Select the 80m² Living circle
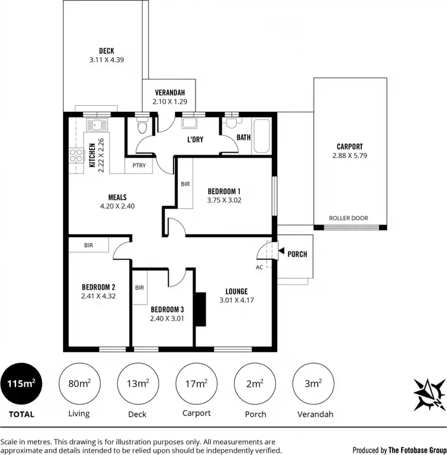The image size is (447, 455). tap(79, 384)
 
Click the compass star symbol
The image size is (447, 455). tap(429, 394)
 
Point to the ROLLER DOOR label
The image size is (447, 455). tap(349, 219)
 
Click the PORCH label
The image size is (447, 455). tap(297, 254)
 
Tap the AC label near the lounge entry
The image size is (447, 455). tap(259, 267)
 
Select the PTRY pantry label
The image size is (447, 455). tap(139, 165)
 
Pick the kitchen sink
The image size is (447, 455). tap(95, 127)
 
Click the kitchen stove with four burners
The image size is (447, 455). tap(76, 156)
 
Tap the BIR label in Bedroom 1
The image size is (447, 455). tap(185, 184)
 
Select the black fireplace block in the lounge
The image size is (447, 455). tap(201, 309)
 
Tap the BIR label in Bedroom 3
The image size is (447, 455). tap(139, 287)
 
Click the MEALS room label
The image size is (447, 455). tap(117, 197)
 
